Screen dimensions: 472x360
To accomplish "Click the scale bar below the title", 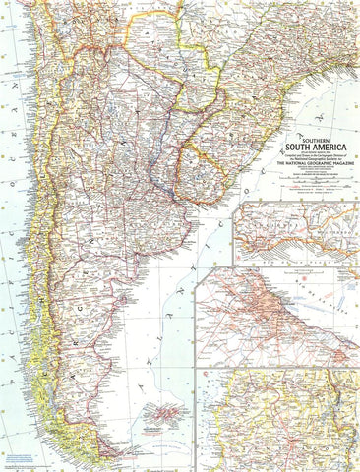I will (x=313, y=178).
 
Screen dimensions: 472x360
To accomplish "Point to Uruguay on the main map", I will (x=196, y=157).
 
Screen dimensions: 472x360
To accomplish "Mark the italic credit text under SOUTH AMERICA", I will (x=313, y=156).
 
